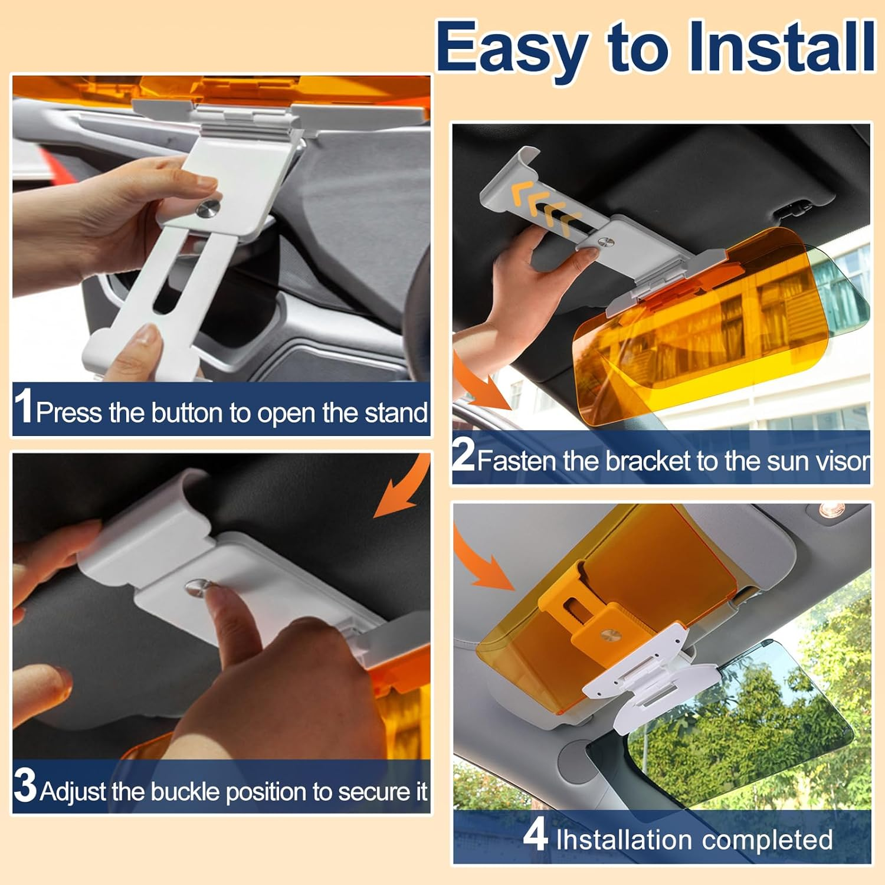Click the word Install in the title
click(781, 46)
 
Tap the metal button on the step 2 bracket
click(605, 242)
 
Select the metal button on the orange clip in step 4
click(608, 635)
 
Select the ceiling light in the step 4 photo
click(831, 510)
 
